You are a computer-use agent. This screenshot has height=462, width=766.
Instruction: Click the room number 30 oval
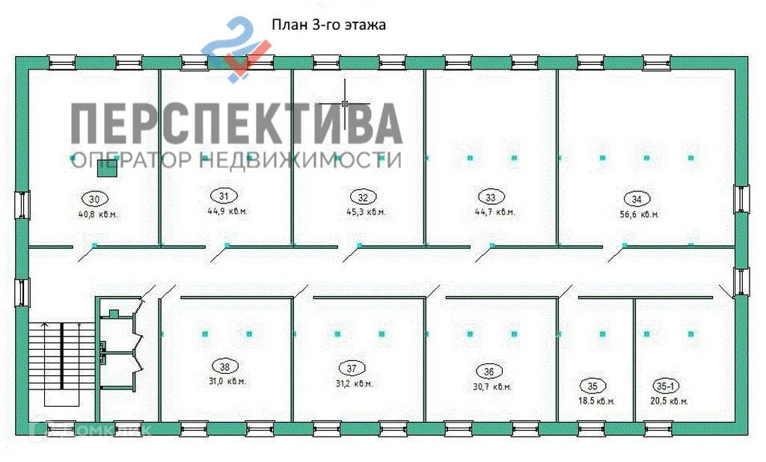coord(94,199)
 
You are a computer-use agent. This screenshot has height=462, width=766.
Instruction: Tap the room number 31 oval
coord(224,196)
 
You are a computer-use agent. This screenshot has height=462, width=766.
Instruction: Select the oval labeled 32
coord(363,197)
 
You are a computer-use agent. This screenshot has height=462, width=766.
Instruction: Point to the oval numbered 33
coord(491,197)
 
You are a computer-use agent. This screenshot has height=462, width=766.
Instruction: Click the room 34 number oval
coord(636,199)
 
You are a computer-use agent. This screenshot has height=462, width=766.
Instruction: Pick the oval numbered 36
coord(488,372)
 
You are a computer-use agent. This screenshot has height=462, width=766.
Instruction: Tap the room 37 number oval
coord(352,368)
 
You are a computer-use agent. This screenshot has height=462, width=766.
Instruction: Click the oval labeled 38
coord(224,366)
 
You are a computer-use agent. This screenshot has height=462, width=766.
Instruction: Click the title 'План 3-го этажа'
coord(328,25)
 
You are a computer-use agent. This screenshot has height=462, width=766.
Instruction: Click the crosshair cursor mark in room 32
coord(345,102)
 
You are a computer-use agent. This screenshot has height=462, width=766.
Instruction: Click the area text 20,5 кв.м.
coord(668,401)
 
